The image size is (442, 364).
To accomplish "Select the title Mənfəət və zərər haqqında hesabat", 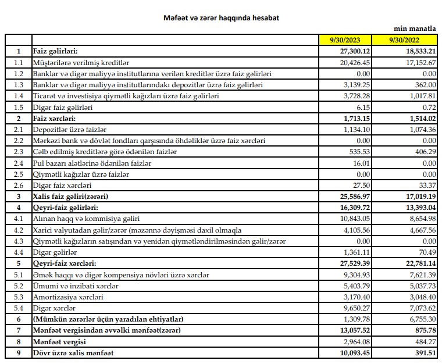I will [220, 18].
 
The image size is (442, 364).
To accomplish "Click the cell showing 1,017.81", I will [421, 96].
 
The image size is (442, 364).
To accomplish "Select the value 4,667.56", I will [421, 230].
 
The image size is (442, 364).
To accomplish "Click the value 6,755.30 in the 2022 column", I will [421, 320].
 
